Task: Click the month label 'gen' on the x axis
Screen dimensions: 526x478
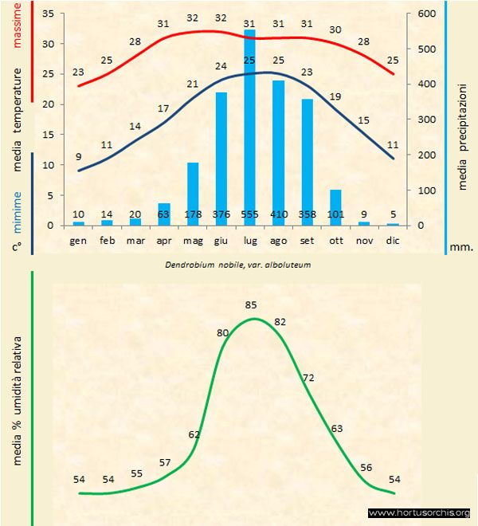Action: [x=78, y=240]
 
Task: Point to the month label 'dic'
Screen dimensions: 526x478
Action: [x=393, y=240]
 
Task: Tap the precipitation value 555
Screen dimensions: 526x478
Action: [x=249, y=214]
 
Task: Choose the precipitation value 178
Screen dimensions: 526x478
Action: [x=193, y=214]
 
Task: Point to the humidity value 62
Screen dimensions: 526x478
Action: [x=194, y=434]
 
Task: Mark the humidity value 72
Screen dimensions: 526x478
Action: [x=308, y=375]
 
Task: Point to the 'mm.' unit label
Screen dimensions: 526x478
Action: [x=461, y=246]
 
